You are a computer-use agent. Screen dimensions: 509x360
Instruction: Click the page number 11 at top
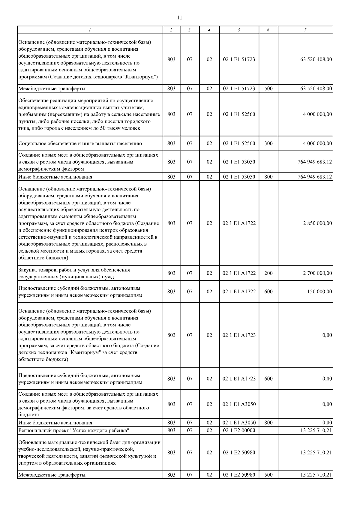coord(180,17)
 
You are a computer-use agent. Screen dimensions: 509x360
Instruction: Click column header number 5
coord(239,30)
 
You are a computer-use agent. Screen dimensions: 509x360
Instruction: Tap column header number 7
coord(305,30)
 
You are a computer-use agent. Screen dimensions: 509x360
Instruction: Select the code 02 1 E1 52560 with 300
coord(239,143)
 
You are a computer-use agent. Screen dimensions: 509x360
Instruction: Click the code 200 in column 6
coord(268,273)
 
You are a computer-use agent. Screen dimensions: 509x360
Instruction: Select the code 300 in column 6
coord(268,143)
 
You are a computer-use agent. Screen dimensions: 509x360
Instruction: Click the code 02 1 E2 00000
coord(239,430)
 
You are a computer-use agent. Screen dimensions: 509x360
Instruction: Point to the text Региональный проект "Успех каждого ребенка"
coord(74,431)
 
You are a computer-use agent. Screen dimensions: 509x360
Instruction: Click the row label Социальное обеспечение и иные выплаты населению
coord(80,144)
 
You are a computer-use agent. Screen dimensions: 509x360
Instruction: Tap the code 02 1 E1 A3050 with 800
coord(239,423)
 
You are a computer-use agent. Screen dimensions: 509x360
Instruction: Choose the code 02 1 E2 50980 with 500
coord(239,475)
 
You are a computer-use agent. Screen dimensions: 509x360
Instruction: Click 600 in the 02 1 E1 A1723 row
coord(268,379)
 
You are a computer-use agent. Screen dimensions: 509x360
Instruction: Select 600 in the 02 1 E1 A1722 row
coord(268,292)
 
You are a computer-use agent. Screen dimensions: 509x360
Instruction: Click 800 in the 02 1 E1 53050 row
coord(268,177)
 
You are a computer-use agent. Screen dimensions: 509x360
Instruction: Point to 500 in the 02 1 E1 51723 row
coord(268,88)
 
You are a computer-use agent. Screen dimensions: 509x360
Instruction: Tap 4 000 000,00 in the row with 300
coord(317,143)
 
